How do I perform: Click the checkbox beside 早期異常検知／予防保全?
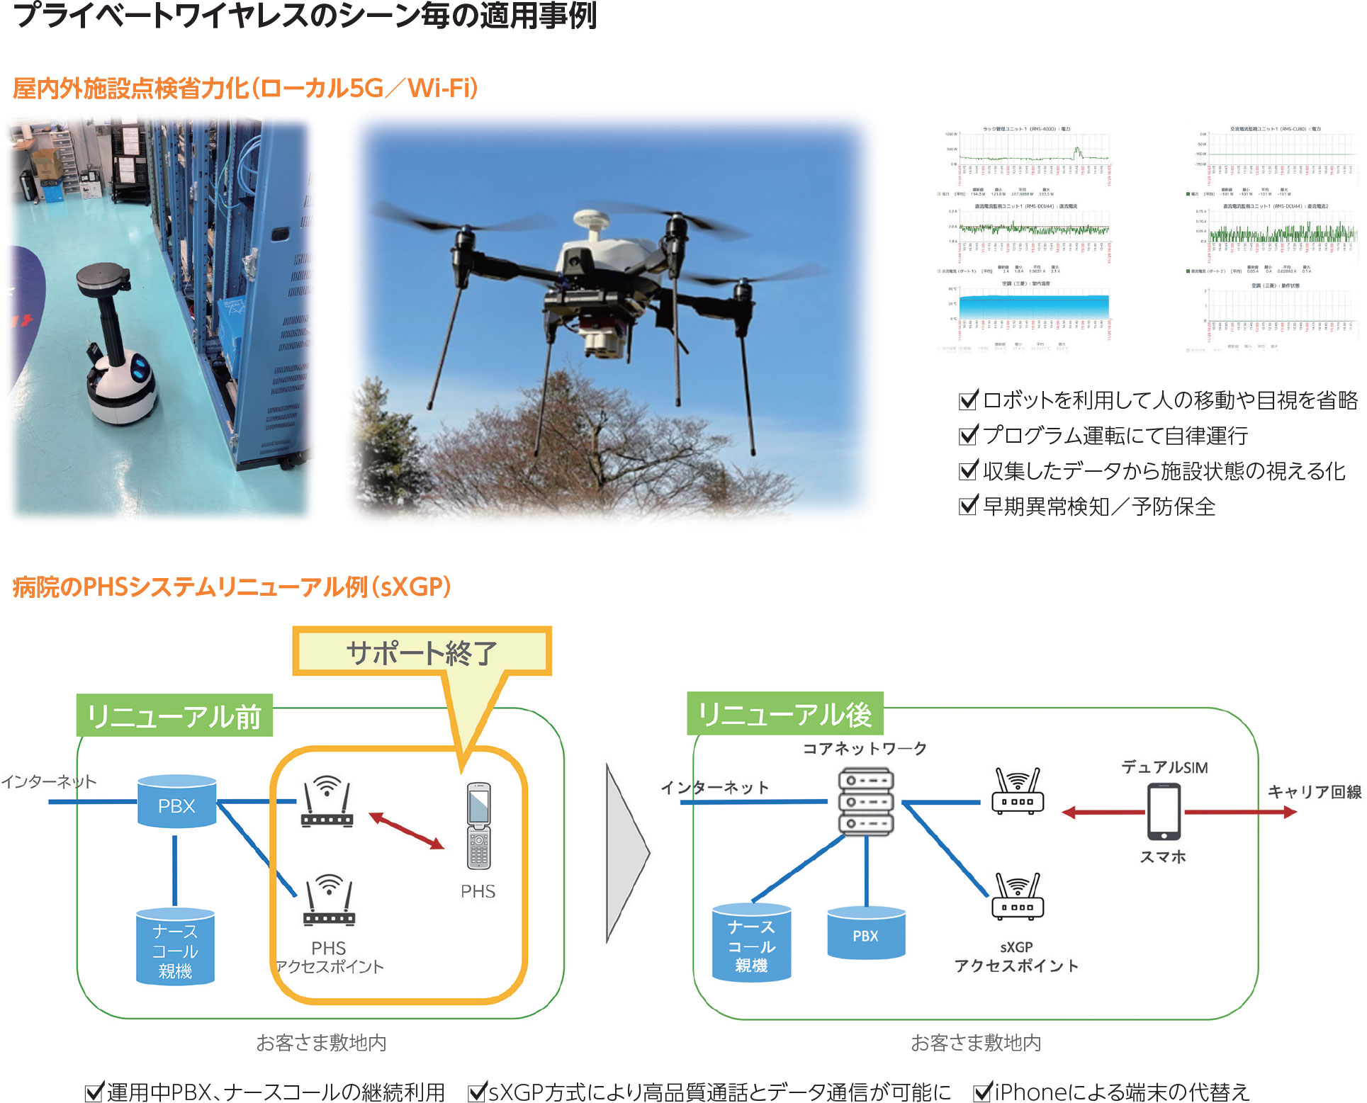pos(967,506)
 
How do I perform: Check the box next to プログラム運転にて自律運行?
pos(967,435)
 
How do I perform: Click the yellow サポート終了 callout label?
pos(422,652)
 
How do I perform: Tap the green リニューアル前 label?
pos(174,716)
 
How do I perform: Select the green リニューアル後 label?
pos(785,714)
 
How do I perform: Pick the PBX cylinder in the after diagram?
pos(865,933)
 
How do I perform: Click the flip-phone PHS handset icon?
pos(478,825)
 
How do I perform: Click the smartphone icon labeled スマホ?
pos(1163,812)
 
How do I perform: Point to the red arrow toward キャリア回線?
pos(1240,813)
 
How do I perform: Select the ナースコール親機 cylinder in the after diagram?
pos(751,943)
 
